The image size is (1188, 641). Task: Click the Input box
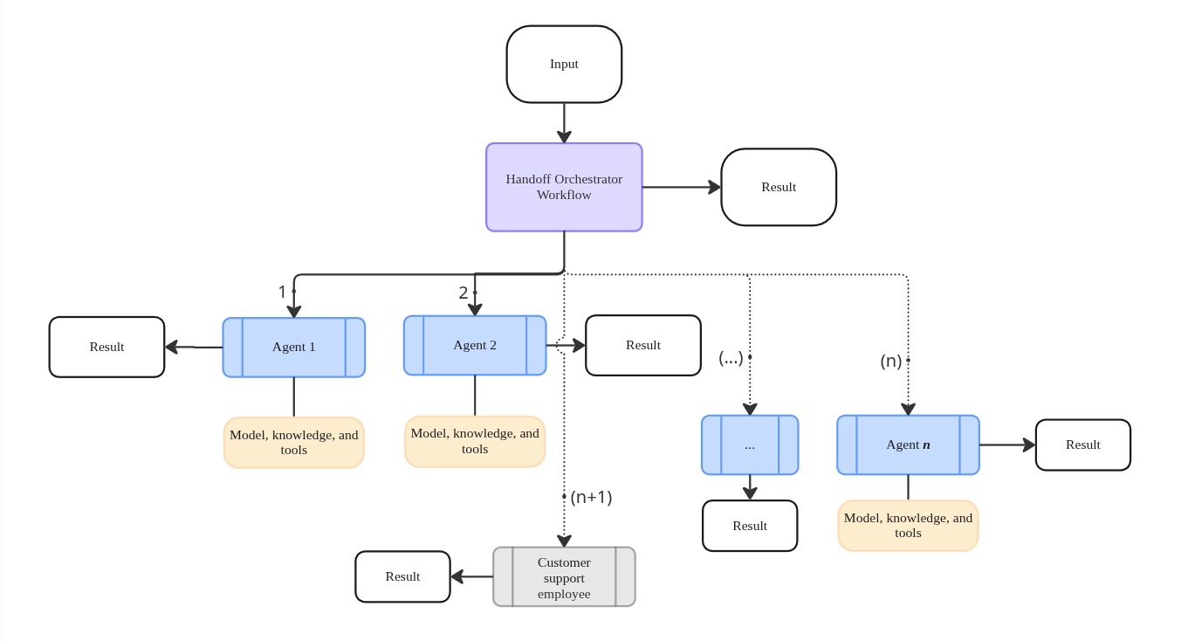point(564,64)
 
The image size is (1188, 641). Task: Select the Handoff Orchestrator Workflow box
point(564,187)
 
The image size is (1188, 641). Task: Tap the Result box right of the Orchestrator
point(779,187)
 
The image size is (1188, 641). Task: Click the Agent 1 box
point(293,347)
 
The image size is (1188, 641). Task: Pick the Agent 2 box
point(475,345)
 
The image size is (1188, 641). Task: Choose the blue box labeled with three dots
point(750,445)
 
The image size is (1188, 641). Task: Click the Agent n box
point(908,445)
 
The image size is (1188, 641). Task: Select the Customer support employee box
point(564,576)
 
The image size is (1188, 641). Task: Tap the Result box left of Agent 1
point(106,347)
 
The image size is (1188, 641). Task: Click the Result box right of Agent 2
point(643,345)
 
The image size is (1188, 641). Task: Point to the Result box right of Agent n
point(1082,445)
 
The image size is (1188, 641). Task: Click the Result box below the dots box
point(750,526)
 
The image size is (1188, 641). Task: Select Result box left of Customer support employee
point(402,576)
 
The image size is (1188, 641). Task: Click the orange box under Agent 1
point(293,442)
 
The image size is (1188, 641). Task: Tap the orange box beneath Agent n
point(908,525)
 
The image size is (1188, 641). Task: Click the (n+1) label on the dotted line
point(591,497)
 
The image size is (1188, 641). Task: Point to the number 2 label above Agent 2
point(464,293)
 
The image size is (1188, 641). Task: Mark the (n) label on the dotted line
point(891,361)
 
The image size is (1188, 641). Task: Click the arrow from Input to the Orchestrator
point(564,123)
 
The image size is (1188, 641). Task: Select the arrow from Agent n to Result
point(1007,445)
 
